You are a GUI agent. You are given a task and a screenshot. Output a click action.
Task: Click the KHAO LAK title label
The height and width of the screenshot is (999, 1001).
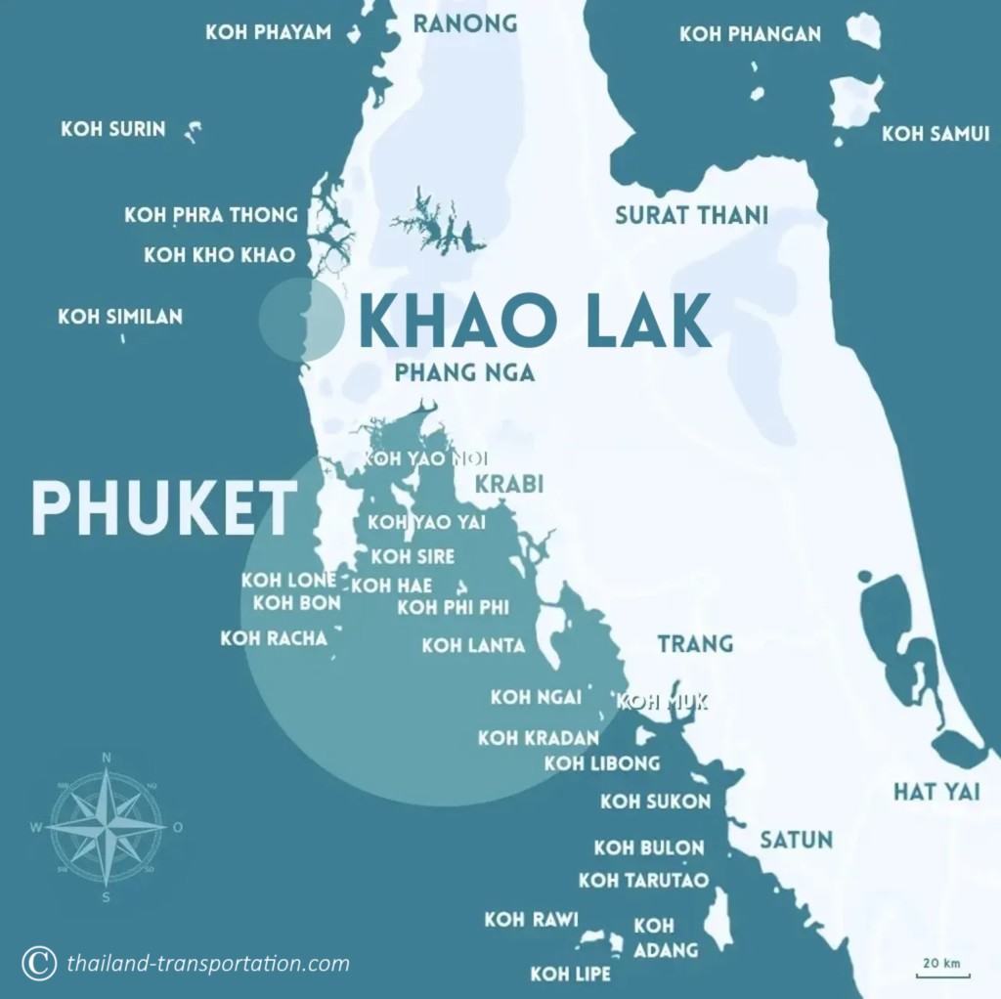(x=536, y=323)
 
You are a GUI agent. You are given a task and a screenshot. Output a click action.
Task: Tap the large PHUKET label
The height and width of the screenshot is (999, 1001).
(x=164, y=508)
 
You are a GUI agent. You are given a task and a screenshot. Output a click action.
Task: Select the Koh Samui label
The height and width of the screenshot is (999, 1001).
(x=936, y=134)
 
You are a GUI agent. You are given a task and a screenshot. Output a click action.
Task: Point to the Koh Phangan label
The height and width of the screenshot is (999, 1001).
(x=750, y=34)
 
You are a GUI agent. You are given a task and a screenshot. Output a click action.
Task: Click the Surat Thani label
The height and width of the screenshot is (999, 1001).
(x=691, y=215)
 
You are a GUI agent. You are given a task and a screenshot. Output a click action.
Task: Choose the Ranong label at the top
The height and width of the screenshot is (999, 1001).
(x=464, y=23)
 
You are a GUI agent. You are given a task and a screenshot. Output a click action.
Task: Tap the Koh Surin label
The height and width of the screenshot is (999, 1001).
(x=113, y=129)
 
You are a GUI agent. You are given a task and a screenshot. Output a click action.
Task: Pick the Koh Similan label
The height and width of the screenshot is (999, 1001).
(x=120, y=316)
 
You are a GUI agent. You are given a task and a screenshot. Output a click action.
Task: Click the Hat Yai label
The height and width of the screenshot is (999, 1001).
(x=936, y=792)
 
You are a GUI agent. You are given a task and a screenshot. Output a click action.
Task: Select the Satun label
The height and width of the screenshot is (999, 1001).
(x=797, y=840)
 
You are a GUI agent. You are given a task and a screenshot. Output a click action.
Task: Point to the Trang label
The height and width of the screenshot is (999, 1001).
(x=695, y=643)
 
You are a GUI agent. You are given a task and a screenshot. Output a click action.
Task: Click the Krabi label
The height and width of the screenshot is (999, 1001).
(x=508, y=485)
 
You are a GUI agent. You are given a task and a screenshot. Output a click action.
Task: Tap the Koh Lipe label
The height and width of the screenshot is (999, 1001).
(x=570, y=974)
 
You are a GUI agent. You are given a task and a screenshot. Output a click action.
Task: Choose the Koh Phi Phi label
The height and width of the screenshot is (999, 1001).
(x=453, y=608)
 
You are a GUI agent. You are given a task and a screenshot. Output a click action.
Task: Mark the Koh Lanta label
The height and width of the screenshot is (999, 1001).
(x=473, y=645)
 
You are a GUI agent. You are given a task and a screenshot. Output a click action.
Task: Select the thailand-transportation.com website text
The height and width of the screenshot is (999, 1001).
(x=208, y=964)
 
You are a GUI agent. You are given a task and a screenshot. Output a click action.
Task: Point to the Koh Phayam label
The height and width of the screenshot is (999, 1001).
(x=268, y=32)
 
